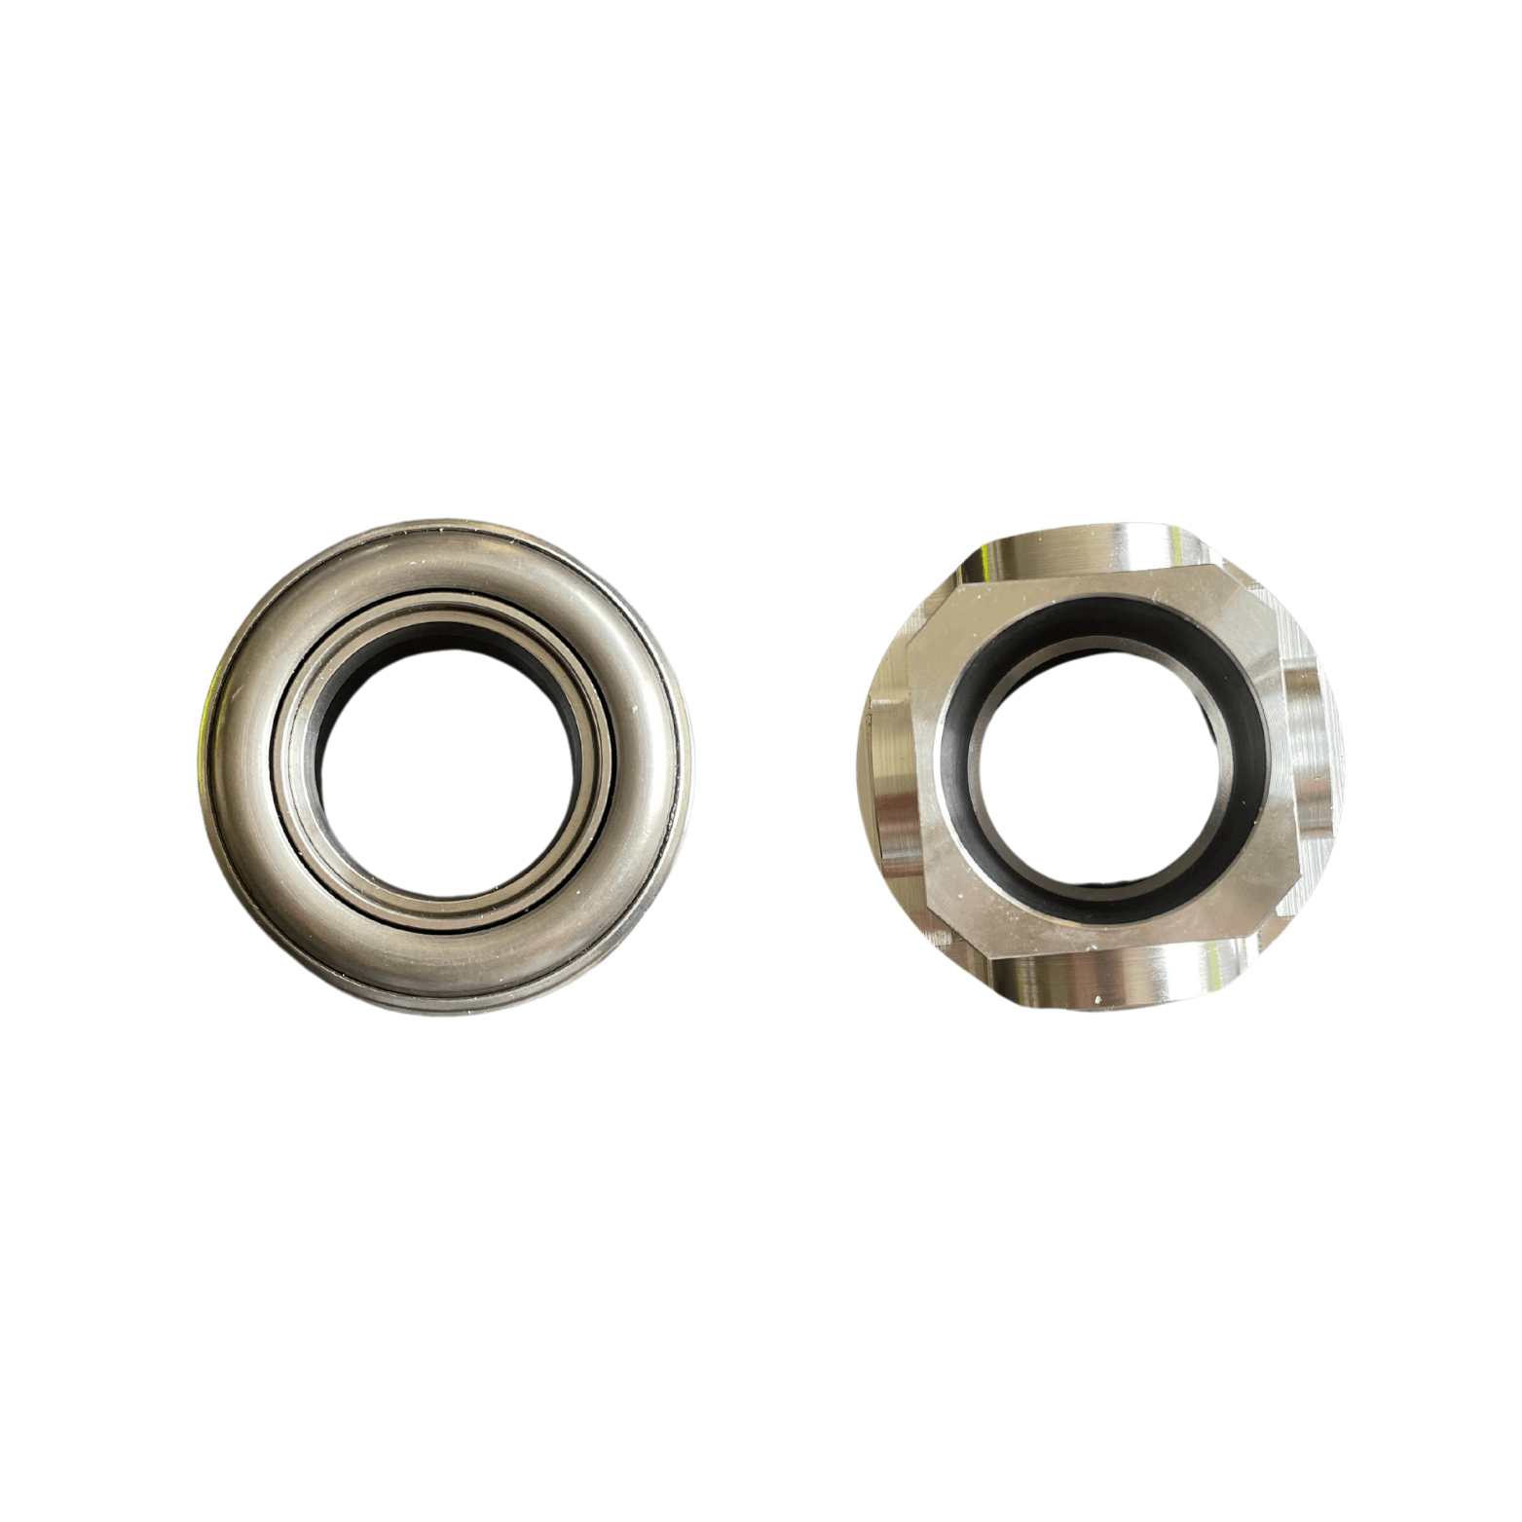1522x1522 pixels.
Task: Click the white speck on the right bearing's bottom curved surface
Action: pos(1098,1000)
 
